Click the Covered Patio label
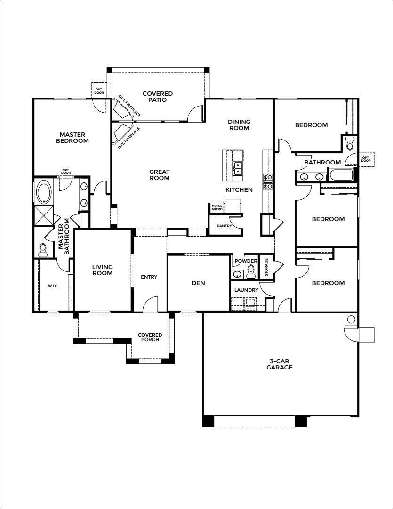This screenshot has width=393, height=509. (158, 97)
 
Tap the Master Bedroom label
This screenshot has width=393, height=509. (72, 138)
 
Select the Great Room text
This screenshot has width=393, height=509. (160, 175)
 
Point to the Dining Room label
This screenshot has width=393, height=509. (239, 125)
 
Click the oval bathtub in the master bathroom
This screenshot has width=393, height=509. (44, 192)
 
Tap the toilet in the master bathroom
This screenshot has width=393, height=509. (43, 250)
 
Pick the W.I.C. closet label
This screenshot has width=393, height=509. (53, 286)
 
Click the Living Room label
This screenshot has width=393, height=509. (103, 270)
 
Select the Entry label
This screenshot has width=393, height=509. (149, 277)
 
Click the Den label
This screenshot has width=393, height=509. (199, 283)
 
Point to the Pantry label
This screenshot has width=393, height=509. (225, 226)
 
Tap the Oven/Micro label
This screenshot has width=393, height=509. (217, 207)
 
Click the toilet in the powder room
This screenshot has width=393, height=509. (251, 272)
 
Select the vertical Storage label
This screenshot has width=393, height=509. (266, 267)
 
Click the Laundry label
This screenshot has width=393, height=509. (246, 290)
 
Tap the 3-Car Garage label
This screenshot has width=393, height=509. (280, 364)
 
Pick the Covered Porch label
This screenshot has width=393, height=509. (150, 337)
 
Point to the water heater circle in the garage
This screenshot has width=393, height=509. (351, 320)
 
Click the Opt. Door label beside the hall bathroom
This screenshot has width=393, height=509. (366, 159)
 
